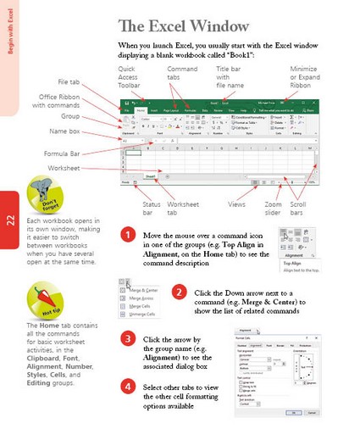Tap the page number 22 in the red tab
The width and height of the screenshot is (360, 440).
[x=9, y=221]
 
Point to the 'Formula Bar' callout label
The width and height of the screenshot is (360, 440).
[x=62, y=153]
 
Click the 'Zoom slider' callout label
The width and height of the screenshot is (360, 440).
[x=273, y=209]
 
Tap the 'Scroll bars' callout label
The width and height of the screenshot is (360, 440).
[x=299, y=209]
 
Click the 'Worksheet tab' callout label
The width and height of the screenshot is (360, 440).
[x=183, y=209]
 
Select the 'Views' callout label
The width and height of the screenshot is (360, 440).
[x=237, y=204]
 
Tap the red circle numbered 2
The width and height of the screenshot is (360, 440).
[x=179, y=292]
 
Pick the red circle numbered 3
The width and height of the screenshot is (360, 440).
[x=127, y=339]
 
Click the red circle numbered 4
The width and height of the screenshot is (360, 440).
[x=127, y=387]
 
